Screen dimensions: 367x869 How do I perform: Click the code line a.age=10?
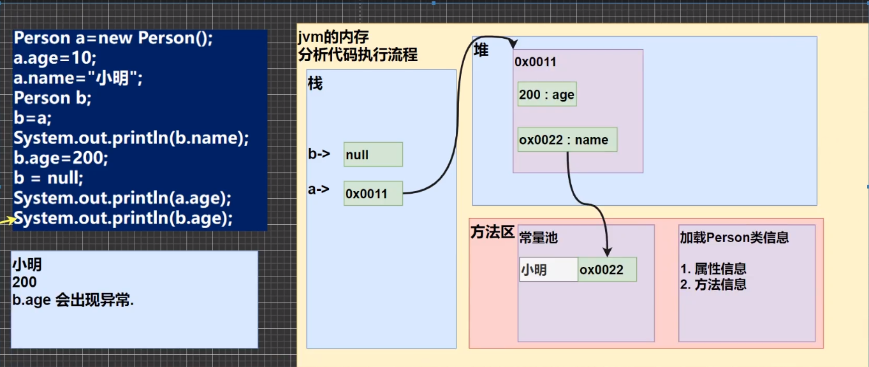(55, 59)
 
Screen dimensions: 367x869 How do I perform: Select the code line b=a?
(33, 118)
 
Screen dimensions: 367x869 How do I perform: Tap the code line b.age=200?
(61, 158)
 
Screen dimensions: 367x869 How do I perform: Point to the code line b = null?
(48, 178)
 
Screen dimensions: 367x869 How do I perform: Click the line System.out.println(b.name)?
(131, 138)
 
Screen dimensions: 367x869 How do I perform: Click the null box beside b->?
(373, 155)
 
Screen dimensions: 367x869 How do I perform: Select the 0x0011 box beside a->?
(373, 193)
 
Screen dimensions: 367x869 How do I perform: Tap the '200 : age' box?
(547, 95)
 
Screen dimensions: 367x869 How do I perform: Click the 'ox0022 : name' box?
(567, 140)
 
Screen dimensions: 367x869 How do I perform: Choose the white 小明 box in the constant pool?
(548, 270)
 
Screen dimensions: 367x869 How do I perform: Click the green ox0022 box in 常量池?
(607, 270)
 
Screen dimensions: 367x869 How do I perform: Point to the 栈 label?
(315, 83)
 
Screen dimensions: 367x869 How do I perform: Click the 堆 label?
(481, 50)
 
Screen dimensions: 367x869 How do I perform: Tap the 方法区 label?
(492, 232)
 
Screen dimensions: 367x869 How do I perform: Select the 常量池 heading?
(538, 238)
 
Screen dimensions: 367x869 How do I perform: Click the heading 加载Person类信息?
(734, 238)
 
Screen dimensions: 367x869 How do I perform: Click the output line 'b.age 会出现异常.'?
(73, 301)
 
